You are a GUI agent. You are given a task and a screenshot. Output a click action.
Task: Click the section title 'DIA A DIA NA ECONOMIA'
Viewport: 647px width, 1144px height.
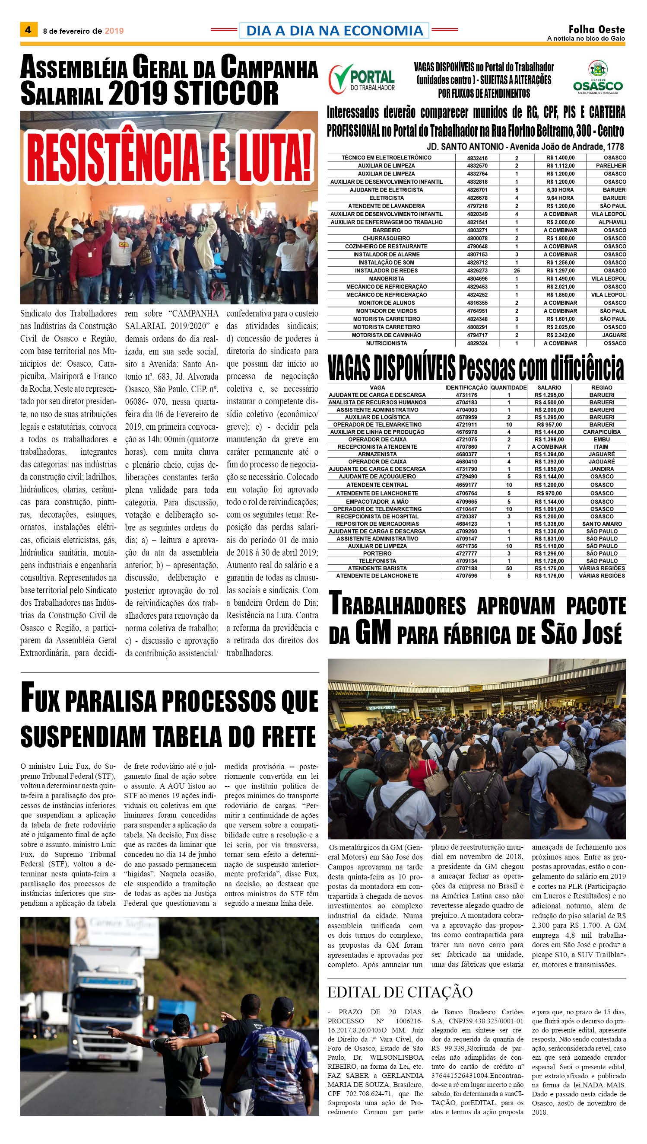pyautogui.click(x=334, y=31)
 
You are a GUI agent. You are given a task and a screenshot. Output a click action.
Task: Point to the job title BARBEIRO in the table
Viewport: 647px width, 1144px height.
pyautogui.click(x=386, y=230)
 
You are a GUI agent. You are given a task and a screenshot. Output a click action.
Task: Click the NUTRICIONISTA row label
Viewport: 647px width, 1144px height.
pyautogui.click(x=386, y=343)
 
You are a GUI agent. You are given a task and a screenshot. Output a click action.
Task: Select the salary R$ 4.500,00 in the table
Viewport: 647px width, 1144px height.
pyautogui.click(x=549, y=402)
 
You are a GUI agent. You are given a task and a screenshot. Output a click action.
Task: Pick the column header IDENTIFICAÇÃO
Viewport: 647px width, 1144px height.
pyautogui.click(x=466, y=387)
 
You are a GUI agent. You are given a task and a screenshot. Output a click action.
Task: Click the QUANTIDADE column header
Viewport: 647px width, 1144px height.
pyautogui.click(x=509, y=387)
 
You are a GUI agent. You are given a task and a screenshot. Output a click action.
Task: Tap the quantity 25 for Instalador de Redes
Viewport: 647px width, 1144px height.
pyautogui.click(x=517, y=270)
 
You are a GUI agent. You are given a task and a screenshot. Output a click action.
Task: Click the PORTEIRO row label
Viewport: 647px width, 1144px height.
pyautogui.click(x=377, y=553)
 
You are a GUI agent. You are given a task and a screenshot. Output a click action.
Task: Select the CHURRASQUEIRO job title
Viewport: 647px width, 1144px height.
pyautogui.click(x=386, y=238)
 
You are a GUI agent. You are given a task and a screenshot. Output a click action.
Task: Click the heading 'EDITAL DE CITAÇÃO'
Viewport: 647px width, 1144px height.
pyautogui.click(x=400, y=991)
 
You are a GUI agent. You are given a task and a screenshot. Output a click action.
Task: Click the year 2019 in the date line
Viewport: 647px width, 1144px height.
pyautogui.click(x=114, y=31)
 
